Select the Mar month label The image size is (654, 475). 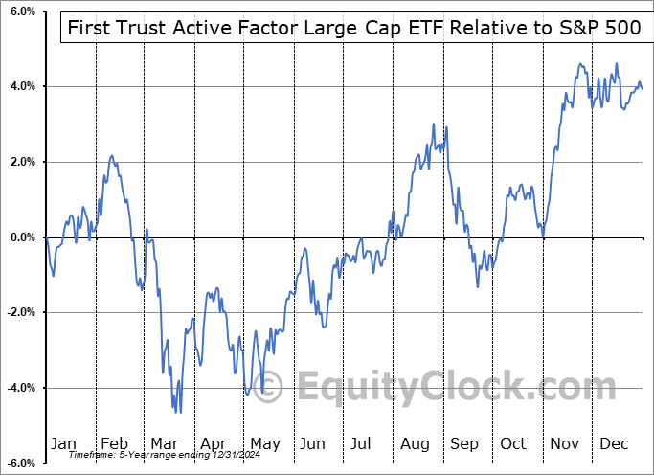coord(163,443)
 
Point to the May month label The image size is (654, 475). coord(264,443)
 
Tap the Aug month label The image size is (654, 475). coord(416,443)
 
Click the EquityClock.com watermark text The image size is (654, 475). coord(440,388)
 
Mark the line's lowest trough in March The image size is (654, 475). coord(178,413)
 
